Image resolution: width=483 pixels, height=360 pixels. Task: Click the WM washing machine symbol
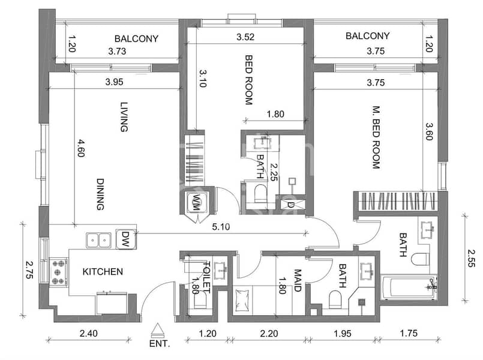197,202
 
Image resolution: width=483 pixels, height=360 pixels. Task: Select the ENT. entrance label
160,343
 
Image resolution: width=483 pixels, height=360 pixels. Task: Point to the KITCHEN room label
103,272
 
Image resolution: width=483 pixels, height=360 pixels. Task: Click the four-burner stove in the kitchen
59,272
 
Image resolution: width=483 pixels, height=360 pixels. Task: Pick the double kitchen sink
98,240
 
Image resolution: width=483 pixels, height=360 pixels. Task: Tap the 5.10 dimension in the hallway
221,227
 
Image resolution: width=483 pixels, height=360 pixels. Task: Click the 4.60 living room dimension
81,148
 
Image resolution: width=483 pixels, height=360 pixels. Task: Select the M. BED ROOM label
376,137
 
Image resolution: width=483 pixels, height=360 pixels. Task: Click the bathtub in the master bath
409,287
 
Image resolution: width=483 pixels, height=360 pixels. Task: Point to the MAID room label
297,281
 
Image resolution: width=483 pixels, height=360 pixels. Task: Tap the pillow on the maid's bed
241,300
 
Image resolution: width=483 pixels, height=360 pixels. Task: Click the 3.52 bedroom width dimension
245,37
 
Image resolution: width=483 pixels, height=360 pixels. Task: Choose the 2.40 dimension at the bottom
89,333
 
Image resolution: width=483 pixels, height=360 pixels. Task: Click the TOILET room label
207,277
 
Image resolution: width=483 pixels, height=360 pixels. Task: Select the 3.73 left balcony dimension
117,51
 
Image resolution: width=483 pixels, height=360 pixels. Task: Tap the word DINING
100,194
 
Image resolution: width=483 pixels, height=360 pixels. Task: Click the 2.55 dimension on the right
471,258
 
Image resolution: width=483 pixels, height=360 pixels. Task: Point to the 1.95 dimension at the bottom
343,333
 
